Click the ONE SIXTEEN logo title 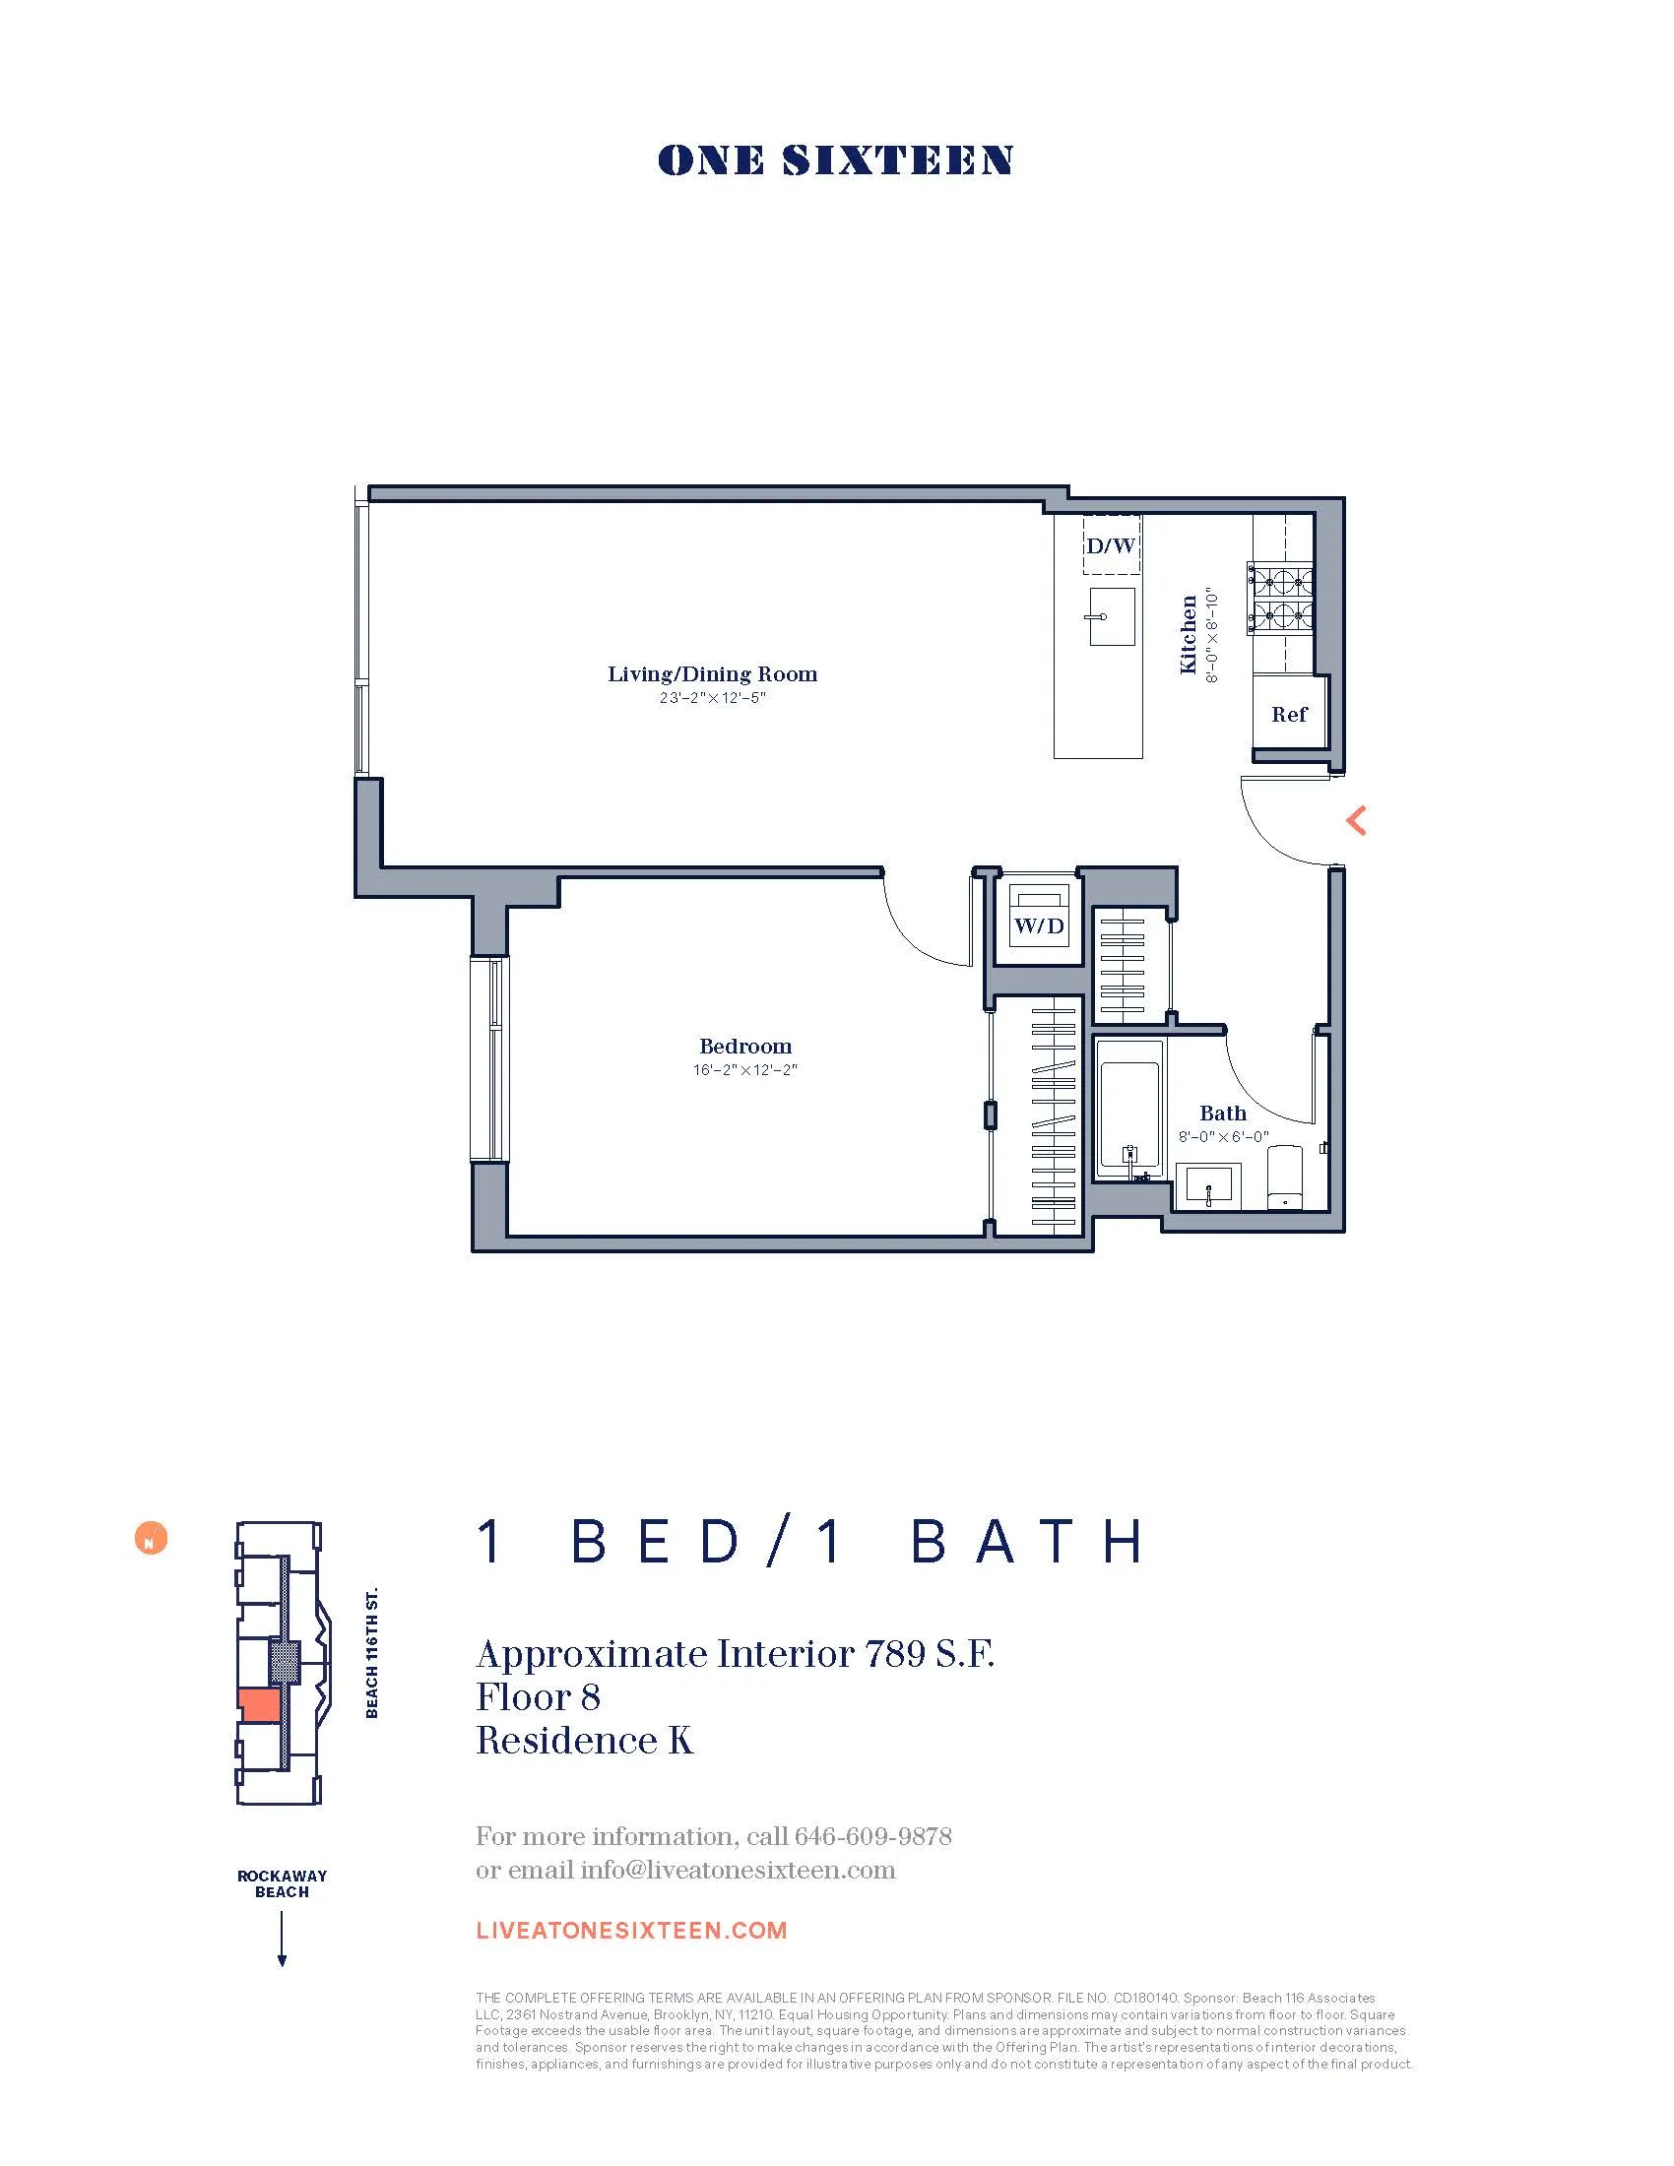pyautogui.click(x=835, y=160)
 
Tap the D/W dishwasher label pyautogui.click(x=1110, y=545)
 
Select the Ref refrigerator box pyautogui.click(x=1288, y=714)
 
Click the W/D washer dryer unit pyautogui.click(x=1038, y=924)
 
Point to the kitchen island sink pyautogui.click(x=1111, y=616)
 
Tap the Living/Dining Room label pyautogui.click(x=712, y=674)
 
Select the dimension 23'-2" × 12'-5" pyautogui.click(x=712, y=698)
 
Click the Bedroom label pyautogui.click(x=744, y=1047)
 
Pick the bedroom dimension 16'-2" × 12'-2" pyautogui.click(x=744, y=1070)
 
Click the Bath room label pyautogui.click(x=1222, y=1113)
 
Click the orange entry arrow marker pyautogui.click(x=1356, y=820)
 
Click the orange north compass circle pyautogui.click(x=151, y=1538)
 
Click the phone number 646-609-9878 pyautogui.click(x=872, y=1837)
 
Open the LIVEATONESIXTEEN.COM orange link pyautogui.click(x=631, y=1930)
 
